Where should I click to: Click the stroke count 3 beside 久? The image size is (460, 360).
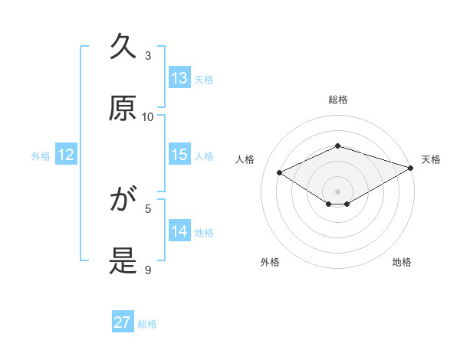click(x=149, y=55)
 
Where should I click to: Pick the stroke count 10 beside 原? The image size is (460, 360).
click(x=148, y=116)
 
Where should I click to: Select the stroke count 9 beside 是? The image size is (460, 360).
click(x=149, y=270)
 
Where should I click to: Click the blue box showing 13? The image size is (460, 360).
click(x=179, y=78)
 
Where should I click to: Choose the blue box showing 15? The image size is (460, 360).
click(x=179, y=155)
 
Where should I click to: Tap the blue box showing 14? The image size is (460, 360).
click(x=179, y=231)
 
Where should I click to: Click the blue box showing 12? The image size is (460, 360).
click(x=66, y=155)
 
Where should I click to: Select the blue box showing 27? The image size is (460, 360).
click(x=123, y=322)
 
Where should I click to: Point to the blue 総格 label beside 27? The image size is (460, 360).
click(x=148, y=324)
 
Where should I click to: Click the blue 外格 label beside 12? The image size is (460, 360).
click(x=41, y=156)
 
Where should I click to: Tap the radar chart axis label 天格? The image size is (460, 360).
click(x=431, y=159)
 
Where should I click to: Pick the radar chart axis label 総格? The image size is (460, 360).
click(x=338, y=100)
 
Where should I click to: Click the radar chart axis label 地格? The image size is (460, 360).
click(x=402, y=262)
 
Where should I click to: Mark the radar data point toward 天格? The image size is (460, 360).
click(x=412, y=168)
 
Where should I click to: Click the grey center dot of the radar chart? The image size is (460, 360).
click(x=338, y=191)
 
